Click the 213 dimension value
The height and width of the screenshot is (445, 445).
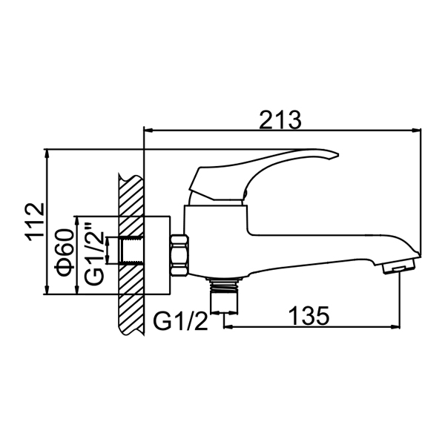click(x=280, y=119)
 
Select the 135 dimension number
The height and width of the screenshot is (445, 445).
click(x=309, y=315)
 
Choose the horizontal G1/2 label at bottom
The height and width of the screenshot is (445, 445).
click(x=180, y=322)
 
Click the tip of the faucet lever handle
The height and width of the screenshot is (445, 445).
click(x=338, y=155)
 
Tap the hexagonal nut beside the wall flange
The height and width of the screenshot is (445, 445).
click(x=179, y=255)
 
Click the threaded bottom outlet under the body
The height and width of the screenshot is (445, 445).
click(x=224, y=295)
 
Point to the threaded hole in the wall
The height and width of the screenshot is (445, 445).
click(x=132, y=251)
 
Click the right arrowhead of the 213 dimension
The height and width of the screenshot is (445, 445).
click(x=416, y=131)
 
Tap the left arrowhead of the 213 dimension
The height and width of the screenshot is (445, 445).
click(x=149, y=131)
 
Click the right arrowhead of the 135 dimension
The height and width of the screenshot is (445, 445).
click(x=395, y=327)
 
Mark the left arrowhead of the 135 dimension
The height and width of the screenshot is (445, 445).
click(x=228, y=327)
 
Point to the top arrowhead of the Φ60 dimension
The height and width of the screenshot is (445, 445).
click(x=76, y=221)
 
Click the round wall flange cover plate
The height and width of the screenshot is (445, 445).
click(x=157, y=255)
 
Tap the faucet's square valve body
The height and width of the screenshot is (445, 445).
click(x=216, y=240)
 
